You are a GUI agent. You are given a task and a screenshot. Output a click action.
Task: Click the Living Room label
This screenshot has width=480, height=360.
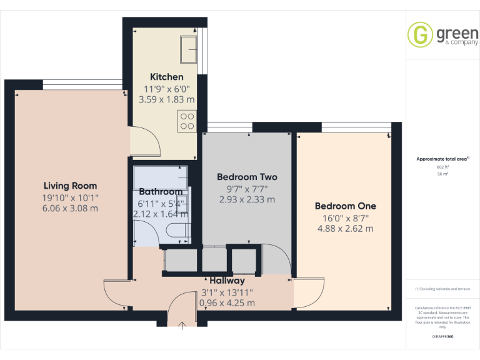tap(70, 186)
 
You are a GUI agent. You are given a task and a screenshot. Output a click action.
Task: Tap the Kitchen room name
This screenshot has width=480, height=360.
tap(166, 77)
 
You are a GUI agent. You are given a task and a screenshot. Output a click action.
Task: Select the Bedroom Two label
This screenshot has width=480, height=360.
tap(247, 177)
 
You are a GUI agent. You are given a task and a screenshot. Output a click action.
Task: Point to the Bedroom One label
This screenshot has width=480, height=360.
tap(345, 206)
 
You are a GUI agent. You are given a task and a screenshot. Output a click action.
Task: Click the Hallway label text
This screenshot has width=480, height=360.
tap(227, 281)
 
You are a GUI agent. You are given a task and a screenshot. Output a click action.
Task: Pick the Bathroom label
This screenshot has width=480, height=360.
tap(161, 191)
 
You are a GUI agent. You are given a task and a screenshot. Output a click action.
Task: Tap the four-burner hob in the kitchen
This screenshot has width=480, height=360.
tap(187, 120)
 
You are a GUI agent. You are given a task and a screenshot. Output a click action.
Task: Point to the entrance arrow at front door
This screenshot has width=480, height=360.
tap(182, 324)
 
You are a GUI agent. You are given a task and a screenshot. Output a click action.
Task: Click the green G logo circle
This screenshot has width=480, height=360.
tap(419, 35)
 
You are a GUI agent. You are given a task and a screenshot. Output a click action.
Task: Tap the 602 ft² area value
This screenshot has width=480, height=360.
tap(442, 167)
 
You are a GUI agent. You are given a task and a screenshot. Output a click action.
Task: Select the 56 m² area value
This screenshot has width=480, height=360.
tap(442, 174)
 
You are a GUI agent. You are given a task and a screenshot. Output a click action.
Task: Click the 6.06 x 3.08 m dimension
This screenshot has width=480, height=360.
tap(70, 209)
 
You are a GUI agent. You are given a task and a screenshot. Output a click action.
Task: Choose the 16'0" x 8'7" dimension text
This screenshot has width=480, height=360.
tap(345, 218)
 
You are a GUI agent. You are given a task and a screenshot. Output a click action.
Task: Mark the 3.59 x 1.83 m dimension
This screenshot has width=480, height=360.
tap(166, 99)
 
